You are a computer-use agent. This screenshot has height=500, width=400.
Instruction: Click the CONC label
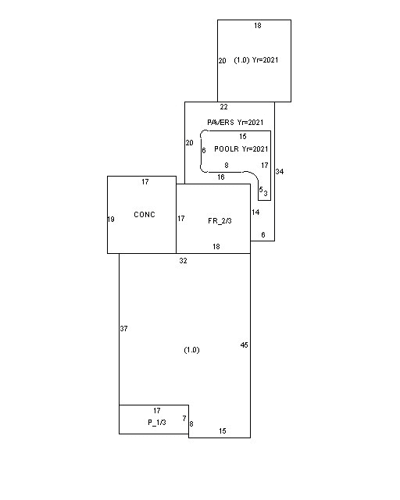(145, 215)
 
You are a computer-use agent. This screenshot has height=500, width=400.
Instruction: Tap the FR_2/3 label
(220, 221)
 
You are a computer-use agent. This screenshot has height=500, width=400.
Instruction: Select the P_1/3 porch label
(157, 423)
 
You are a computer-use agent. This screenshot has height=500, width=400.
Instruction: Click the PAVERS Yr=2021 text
(235, 123)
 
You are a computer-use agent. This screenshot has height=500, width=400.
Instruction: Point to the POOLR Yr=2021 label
(241, 149)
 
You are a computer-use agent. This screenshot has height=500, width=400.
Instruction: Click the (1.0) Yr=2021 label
(256, 60)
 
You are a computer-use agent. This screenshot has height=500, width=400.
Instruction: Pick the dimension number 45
(244, 345)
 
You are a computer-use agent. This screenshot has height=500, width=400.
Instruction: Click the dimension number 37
(123, 328)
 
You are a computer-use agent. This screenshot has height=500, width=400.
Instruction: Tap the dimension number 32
(183, 261)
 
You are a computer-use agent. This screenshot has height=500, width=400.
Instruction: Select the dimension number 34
(280, 172)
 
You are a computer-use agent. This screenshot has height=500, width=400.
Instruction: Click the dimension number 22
(224, 107)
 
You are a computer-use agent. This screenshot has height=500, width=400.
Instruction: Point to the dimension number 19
(111, 220)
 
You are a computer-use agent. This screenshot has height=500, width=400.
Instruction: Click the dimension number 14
(255, 212)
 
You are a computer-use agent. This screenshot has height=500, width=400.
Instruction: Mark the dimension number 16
(221, 177)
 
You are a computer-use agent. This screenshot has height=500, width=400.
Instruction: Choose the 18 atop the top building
(258, 26)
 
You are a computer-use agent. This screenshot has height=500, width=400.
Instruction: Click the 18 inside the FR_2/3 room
(216, 247)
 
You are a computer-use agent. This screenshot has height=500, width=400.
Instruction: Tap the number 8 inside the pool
(227, 166)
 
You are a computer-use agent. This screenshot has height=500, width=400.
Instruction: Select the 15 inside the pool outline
(243, 137)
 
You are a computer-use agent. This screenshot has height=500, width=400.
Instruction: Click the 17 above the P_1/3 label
(157, 411)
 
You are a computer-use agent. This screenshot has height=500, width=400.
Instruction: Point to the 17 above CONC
(145, 182)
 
